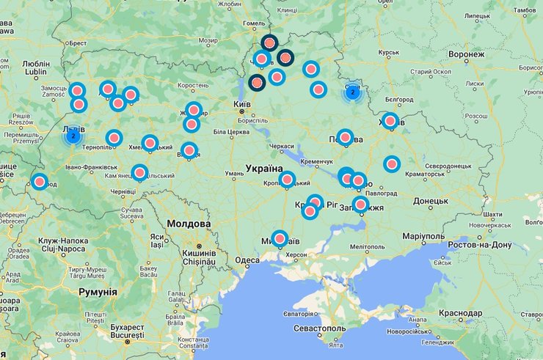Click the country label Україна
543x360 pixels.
(x=264, y=169)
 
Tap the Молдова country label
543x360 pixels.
(x=188, y=224)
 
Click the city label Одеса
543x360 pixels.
(x=248, y=260)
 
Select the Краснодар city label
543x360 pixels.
(x=461, y=313)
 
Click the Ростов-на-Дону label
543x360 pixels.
(x=478, y=243)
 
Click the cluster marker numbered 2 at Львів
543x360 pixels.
(x=73, y=136)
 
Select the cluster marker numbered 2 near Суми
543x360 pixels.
(x=353, y=92)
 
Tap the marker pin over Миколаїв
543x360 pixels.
(x=280, y=238)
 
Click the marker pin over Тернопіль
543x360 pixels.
(x=114, y=138)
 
